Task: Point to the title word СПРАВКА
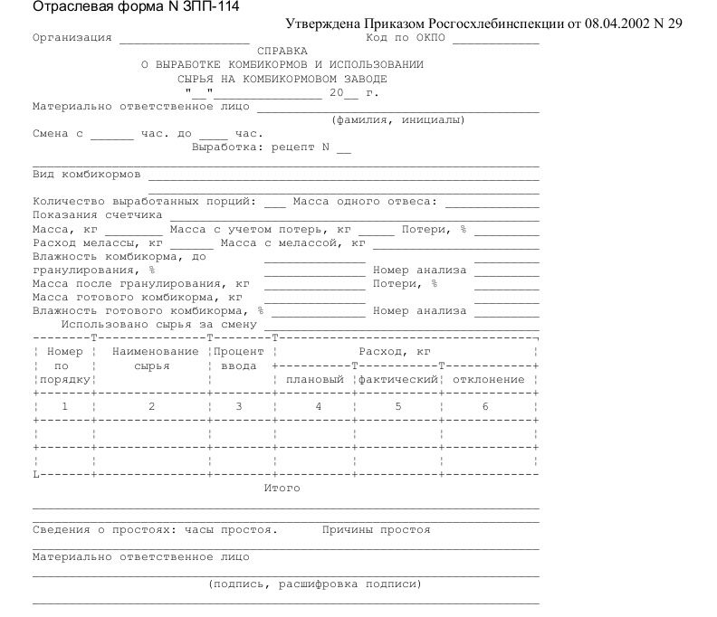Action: (x=282, y=52)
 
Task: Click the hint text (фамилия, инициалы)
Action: (x=398, y=120)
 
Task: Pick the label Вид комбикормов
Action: (x=87, y=174)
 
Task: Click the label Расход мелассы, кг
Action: (x=97, y=243)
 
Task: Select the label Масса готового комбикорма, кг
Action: (x=137, y=297)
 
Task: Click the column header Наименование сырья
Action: (x=152, y=359)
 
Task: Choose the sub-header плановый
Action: (x=314, y=380)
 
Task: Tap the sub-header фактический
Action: (x=398, y=380)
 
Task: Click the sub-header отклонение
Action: (x=489, y=380)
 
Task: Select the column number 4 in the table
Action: (x=318, y=407)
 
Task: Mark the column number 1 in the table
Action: (x=64, y=407)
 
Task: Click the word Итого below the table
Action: (x=282, y=489)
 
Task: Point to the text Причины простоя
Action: (x=377, y=530)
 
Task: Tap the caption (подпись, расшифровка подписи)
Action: (x=315, y=584)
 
